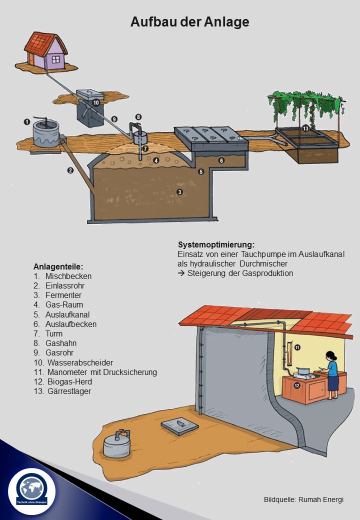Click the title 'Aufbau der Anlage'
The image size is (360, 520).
[x=189, y=22]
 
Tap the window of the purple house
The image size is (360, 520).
[x=55, y=59]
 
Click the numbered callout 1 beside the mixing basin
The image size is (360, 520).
[x=27, y=122]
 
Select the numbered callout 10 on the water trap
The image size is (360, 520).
[x=96, y=102]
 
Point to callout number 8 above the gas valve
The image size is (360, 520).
[x=138, y=116]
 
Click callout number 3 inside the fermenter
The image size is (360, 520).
[x=179, y=192]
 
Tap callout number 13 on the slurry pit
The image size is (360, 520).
[x=305, y=128]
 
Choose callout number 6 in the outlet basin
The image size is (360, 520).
[x=221, y=160]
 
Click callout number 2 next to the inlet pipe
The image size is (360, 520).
[x=70, y=170]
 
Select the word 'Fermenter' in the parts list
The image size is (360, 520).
[x=63, y=295]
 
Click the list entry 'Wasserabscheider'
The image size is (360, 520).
[x=80, y=362]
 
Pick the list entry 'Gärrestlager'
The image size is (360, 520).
[x=69, y=391]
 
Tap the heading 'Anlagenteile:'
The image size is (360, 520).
[x=58, y=266]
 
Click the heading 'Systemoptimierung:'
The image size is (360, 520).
[x=216, y=244]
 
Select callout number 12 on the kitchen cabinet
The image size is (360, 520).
[x=297, y=385]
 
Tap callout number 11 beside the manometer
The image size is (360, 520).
[x=297, y=347]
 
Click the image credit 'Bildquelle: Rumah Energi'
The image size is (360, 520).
[x=303, y=499]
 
